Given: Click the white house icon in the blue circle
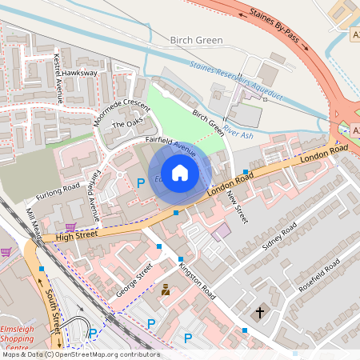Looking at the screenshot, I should (180, 172).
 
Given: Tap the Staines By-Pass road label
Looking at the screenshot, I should (278, 27).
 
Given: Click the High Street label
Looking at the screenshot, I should (71, 235).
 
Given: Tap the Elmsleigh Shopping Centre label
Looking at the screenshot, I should (18, 342).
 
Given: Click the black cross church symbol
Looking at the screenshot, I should (259, 313).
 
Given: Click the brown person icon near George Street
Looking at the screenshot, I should (166, 290).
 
